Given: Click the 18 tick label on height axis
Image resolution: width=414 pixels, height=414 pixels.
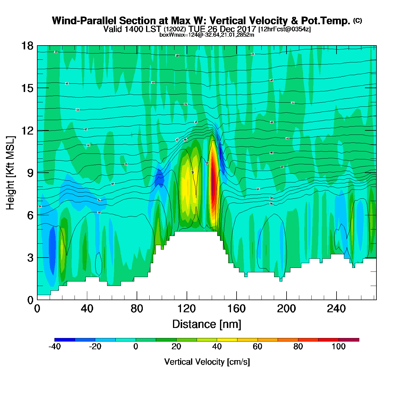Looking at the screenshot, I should [27, 46].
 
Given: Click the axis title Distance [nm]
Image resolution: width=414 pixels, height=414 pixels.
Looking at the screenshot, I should [207, 324].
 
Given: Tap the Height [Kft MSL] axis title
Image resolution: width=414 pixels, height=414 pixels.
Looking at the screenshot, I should [10, 173].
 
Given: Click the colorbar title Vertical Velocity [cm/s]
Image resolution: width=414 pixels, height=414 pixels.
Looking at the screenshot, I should [207, 362].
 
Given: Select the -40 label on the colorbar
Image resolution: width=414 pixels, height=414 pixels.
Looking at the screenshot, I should [54, 347].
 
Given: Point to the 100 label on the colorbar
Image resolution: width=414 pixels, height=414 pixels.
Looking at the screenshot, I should [339, 347].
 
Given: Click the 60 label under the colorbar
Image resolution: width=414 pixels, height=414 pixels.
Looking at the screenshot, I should [258, 347].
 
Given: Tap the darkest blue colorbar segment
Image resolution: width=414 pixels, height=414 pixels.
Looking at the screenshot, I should [64, 340].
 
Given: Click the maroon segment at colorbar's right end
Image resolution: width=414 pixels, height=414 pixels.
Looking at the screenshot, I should [349, 340].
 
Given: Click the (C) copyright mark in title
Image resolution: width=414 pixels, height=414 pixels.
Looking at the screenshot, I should [358, 20].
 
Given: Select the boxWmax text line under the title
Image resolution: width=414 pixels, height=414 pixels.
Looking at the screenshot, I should [207, 35].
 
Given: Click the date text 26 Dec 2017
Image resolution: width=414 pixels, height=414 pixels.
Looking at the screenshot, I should [232, 29].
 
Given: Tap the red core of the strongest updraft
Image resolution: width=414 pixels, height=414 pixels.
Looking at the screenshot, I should [213, 183].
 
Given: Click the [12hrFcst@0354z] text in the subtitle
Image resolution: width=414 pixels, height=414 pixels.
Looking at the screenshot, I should [284, 29].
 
